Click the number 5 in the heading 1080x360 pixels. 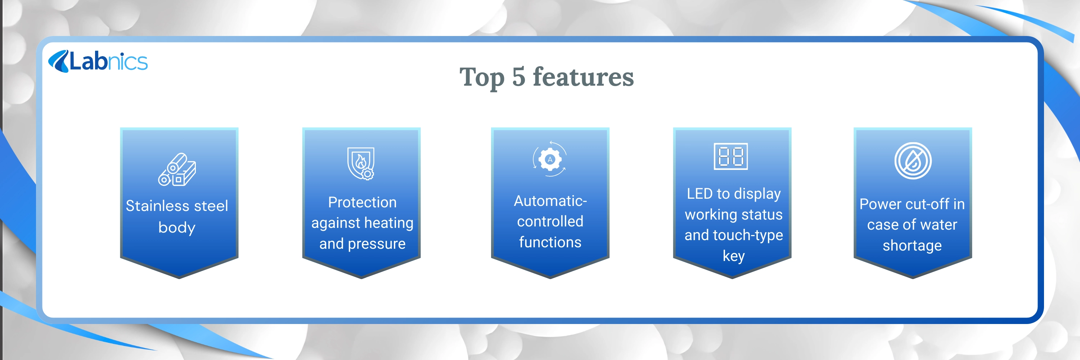[x=519, y=77]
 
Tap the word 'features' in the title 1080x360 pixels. [x=583, y=77]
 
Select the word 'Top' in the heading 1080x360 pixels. [x=482, y=78]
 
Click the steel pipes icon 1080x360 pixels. [x=177, y=169]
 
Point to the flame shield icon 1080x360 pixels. [x=361, y=163]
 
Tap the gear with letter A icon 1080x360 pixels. [x=550, y=159]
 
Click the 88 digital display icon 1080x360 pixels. [x=731, y=156]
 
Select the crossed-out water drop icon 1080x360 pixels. [x=913, y=161]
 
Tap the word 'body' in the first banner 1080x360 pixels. [x=177, y=228]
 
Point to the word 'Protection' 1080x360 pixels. [x=362, y=202]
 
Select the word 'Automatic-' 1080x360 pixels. [x=550, y=201]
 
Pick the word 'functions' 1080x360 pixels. [x=550, y=242]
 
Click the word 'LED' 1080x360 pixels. [x=700, y=194]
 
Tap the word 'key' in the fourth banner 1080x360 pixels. [x=734, y=256]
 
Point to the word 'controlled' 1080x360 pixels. [x=550, y=221]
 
